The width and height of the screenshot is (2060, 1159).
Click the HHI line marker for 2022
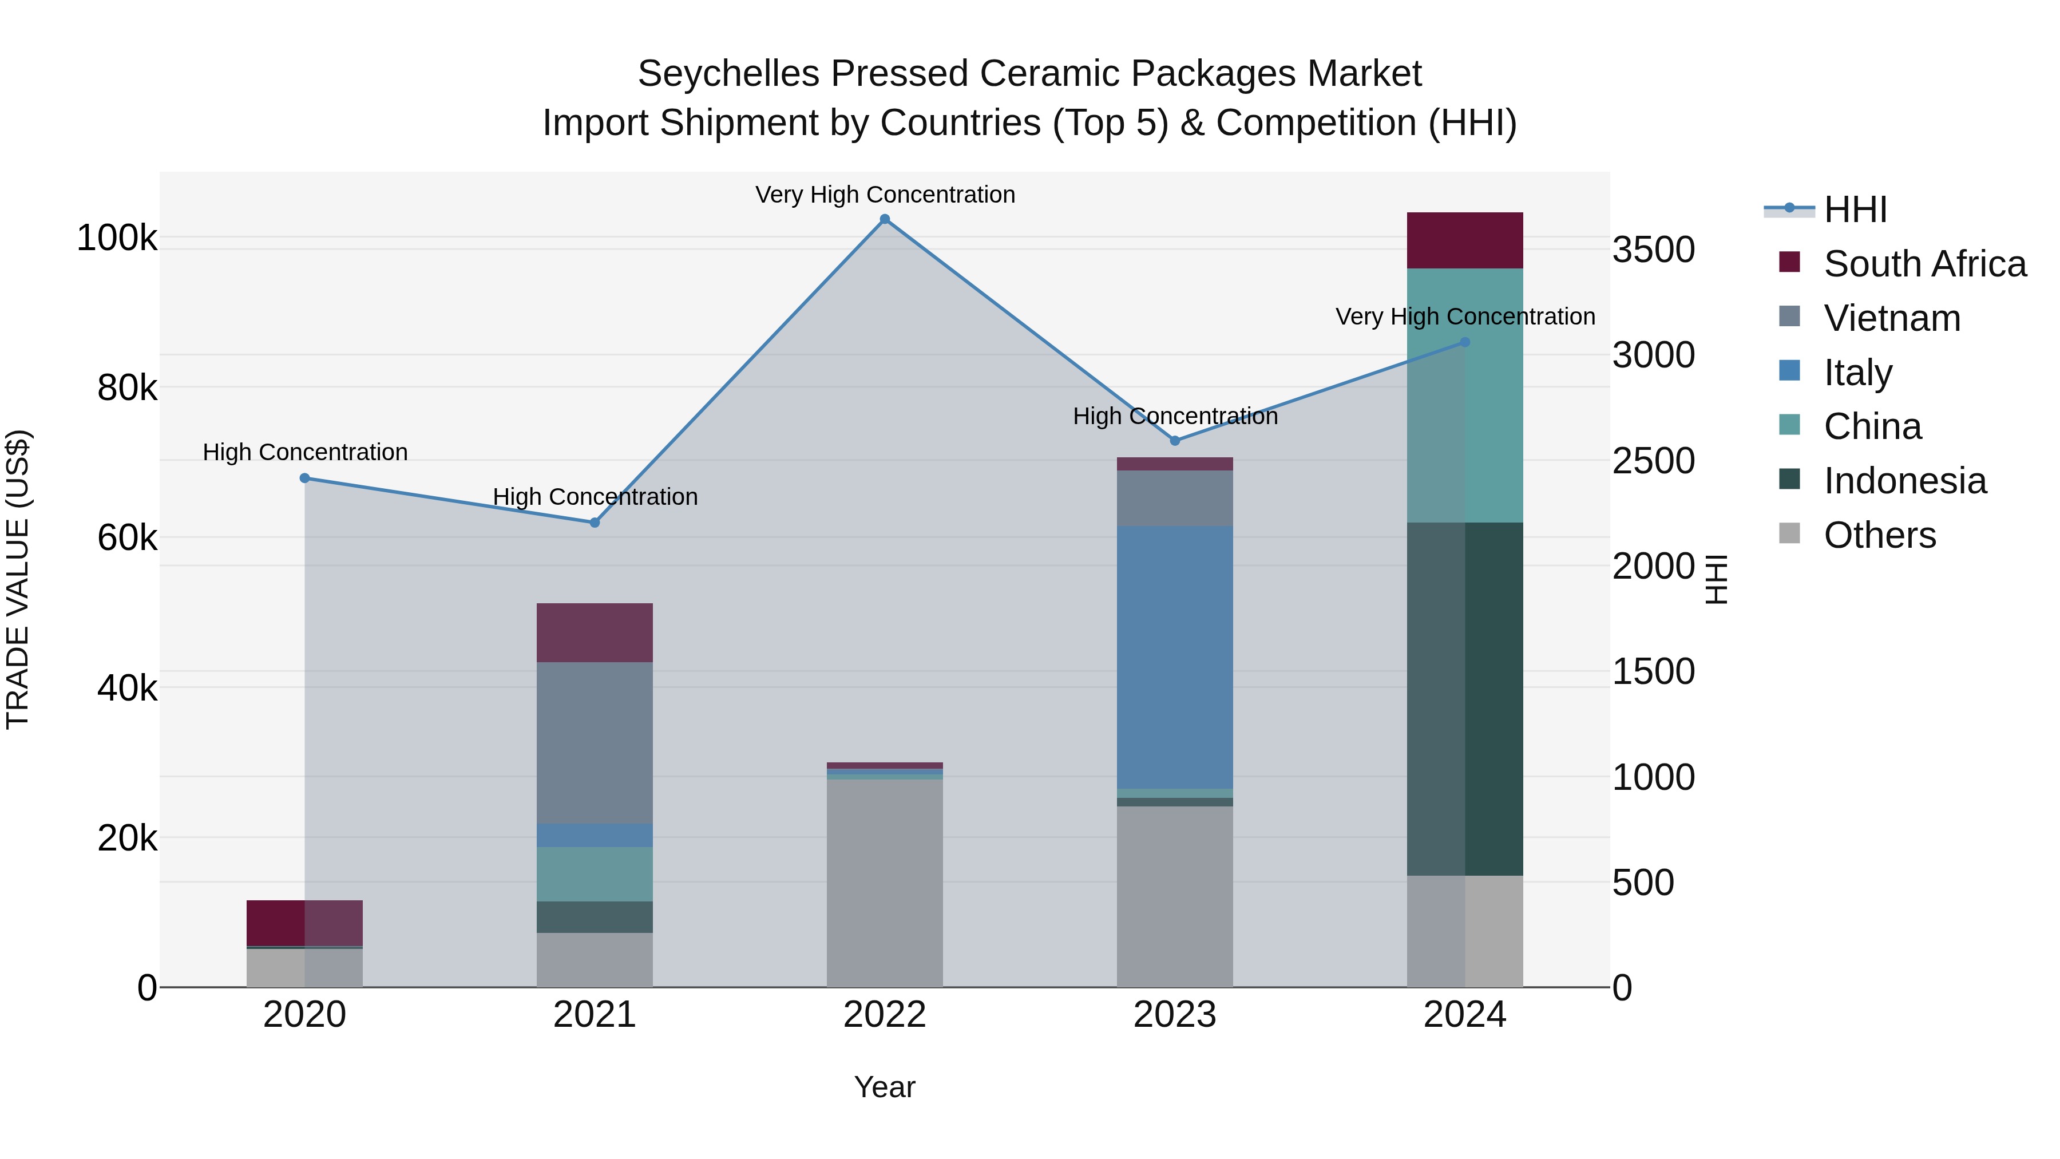point(885,219)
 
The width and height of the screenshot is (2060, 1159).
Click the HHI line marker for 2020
point(304,478)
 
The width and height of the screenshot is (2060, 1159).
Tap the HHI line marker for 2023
point(1175,441)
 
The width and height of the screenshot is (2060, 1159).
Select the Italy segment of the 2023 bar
point(1175,658)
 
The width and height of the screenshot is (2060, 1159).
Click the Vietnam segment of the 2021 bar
point(594,742)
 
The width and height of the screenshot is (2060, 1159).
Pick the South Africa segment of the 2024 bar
point(1464,241)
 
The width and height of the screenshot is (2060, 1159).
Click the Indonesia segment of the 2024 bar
point(1464,698)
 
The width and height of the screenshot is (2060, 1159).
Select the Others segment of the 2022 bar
point(885,883)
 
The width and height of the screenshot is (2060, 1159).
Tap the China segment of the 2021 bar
point(594,873)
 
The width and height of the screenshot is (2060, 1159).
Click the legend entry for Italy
point(1857,373)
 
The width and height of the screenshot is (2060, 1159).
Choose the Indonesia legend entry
point(1904,481)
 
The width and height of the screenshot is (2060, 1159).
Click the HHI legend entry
point(1855,209)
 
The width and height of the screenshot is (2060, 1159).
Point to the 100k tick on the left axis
point(117,238)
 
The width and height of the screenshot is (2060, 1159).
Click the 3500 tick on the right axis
point(1653,250)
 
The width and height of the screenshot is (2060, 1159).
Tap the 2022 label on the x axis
point(885,1015)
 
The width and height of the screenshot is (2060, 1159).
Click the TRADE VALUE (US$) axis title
point(18,579)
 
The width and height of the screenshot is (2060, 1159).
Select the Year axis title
point(885,1087)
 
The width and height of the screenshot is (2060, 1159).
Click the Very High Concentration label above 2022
point(885,195)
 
